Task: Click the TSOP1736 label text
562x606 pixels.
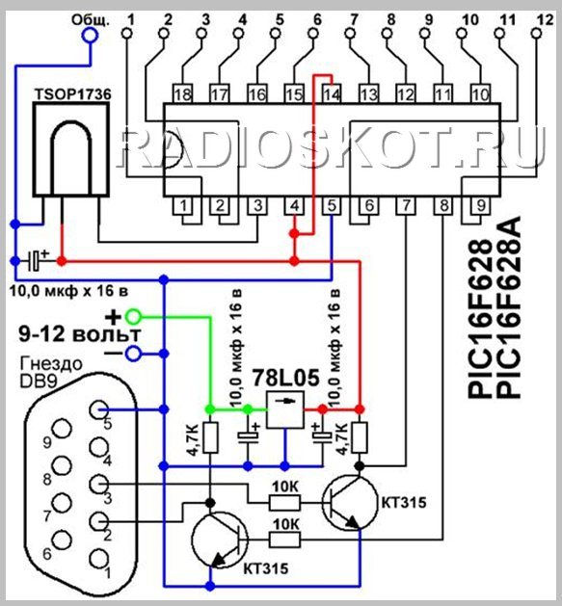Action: (x=73, y=94)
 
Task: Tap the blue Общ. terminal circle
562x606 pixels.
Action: (x=90, y=36)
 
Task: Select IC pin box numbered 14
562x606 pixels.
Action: (x=332, y=93)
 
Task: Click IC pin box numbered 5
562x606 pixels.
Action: (x=332, y=205)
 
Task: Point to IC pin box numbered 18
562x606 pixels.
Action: (x=183, y=93)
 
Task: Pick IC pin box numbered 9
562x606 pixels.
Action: (x=480, y=205)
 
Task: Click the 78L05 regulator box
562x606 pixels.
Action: (x=285, y=410)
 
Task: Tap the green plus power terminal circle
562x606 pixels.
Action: (x=133, y=317)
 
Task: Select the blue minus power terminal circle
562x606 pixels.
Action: (x=133, y=354)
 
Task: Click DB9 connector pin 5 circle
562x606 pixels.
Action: (x=99, y=409)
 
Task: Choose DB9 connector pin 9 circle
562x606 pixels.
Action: (x=62, y=429)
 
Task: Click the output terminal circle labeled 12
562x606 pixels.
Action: (x=537, y=34)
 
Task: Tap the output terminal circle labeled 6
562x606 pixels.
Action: (x=313, y=34)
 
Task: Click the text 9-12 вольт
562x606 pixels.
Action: (x=80, y=334)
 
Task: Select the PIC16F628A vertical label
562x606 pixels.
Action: (x=508, y=307)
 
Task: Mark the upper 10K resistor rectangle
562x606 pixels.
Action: (x=284, y=503)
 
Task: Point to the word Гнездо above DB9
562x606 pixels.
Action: (x=51, y=363)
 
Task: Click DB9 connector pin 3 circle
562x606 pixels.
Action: (x=99, y=484)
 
